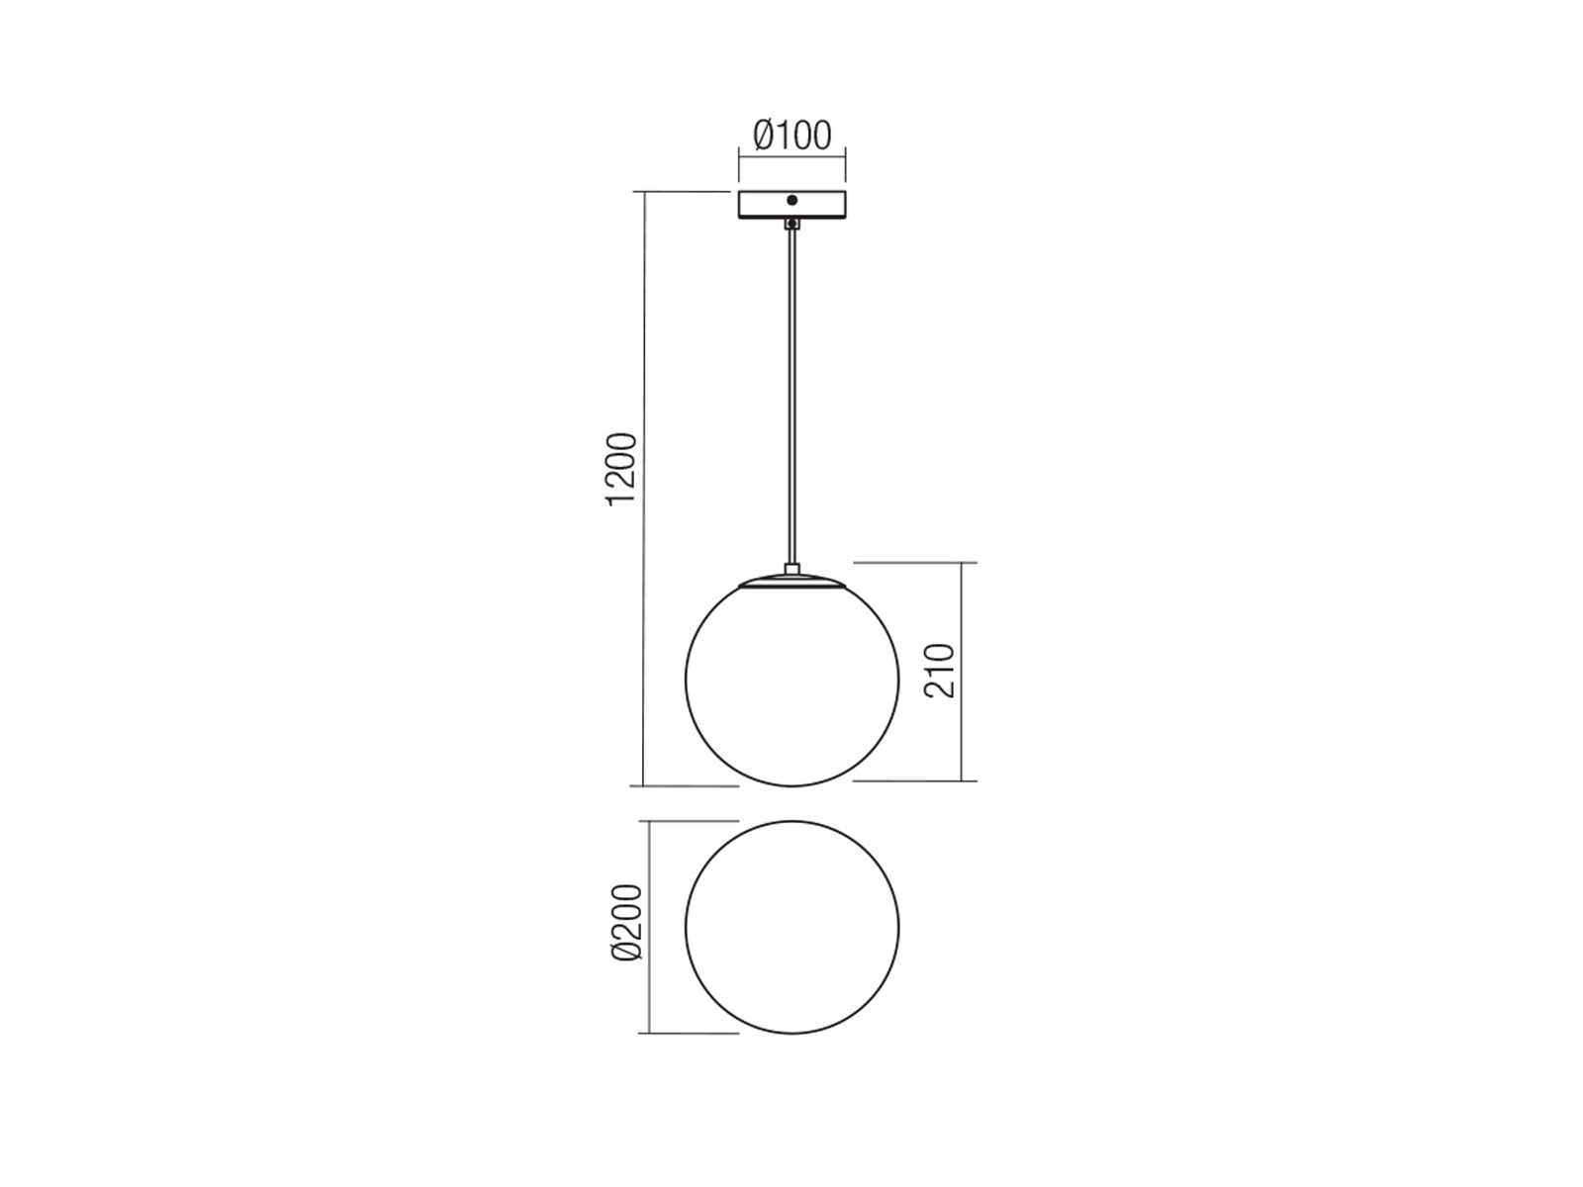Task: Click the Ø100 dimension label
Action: [791, 136]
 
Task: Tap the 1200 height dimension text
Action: [621, 469]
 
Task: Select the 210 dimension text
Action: [939, 671]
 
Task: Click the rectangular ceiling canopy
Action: [791, 205]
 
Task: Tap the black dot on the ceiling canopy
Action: [791, 201]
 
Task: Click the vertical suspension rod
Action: [791, 397]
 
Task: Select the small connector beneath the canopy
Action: [791, 224]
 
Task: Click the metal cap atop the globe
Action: [791, 581]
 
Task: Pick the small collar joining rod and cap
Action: [791, 569]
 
